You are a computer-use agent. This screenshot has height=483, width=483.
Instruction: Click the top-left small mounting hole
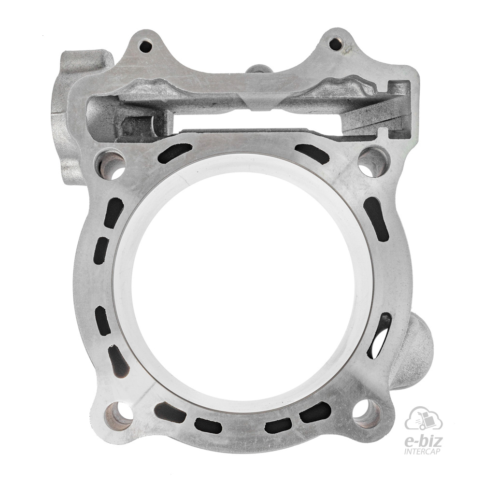coord(145,47)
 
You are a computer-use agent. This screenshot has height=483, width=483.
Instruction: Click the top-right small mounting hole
coord(336,44)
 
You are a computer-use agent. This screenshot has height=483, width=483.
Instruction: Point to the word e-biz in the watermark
coord(426,442)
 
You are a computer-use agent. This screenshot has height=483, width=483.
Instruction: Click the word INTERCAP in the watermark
coord(427,452)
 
